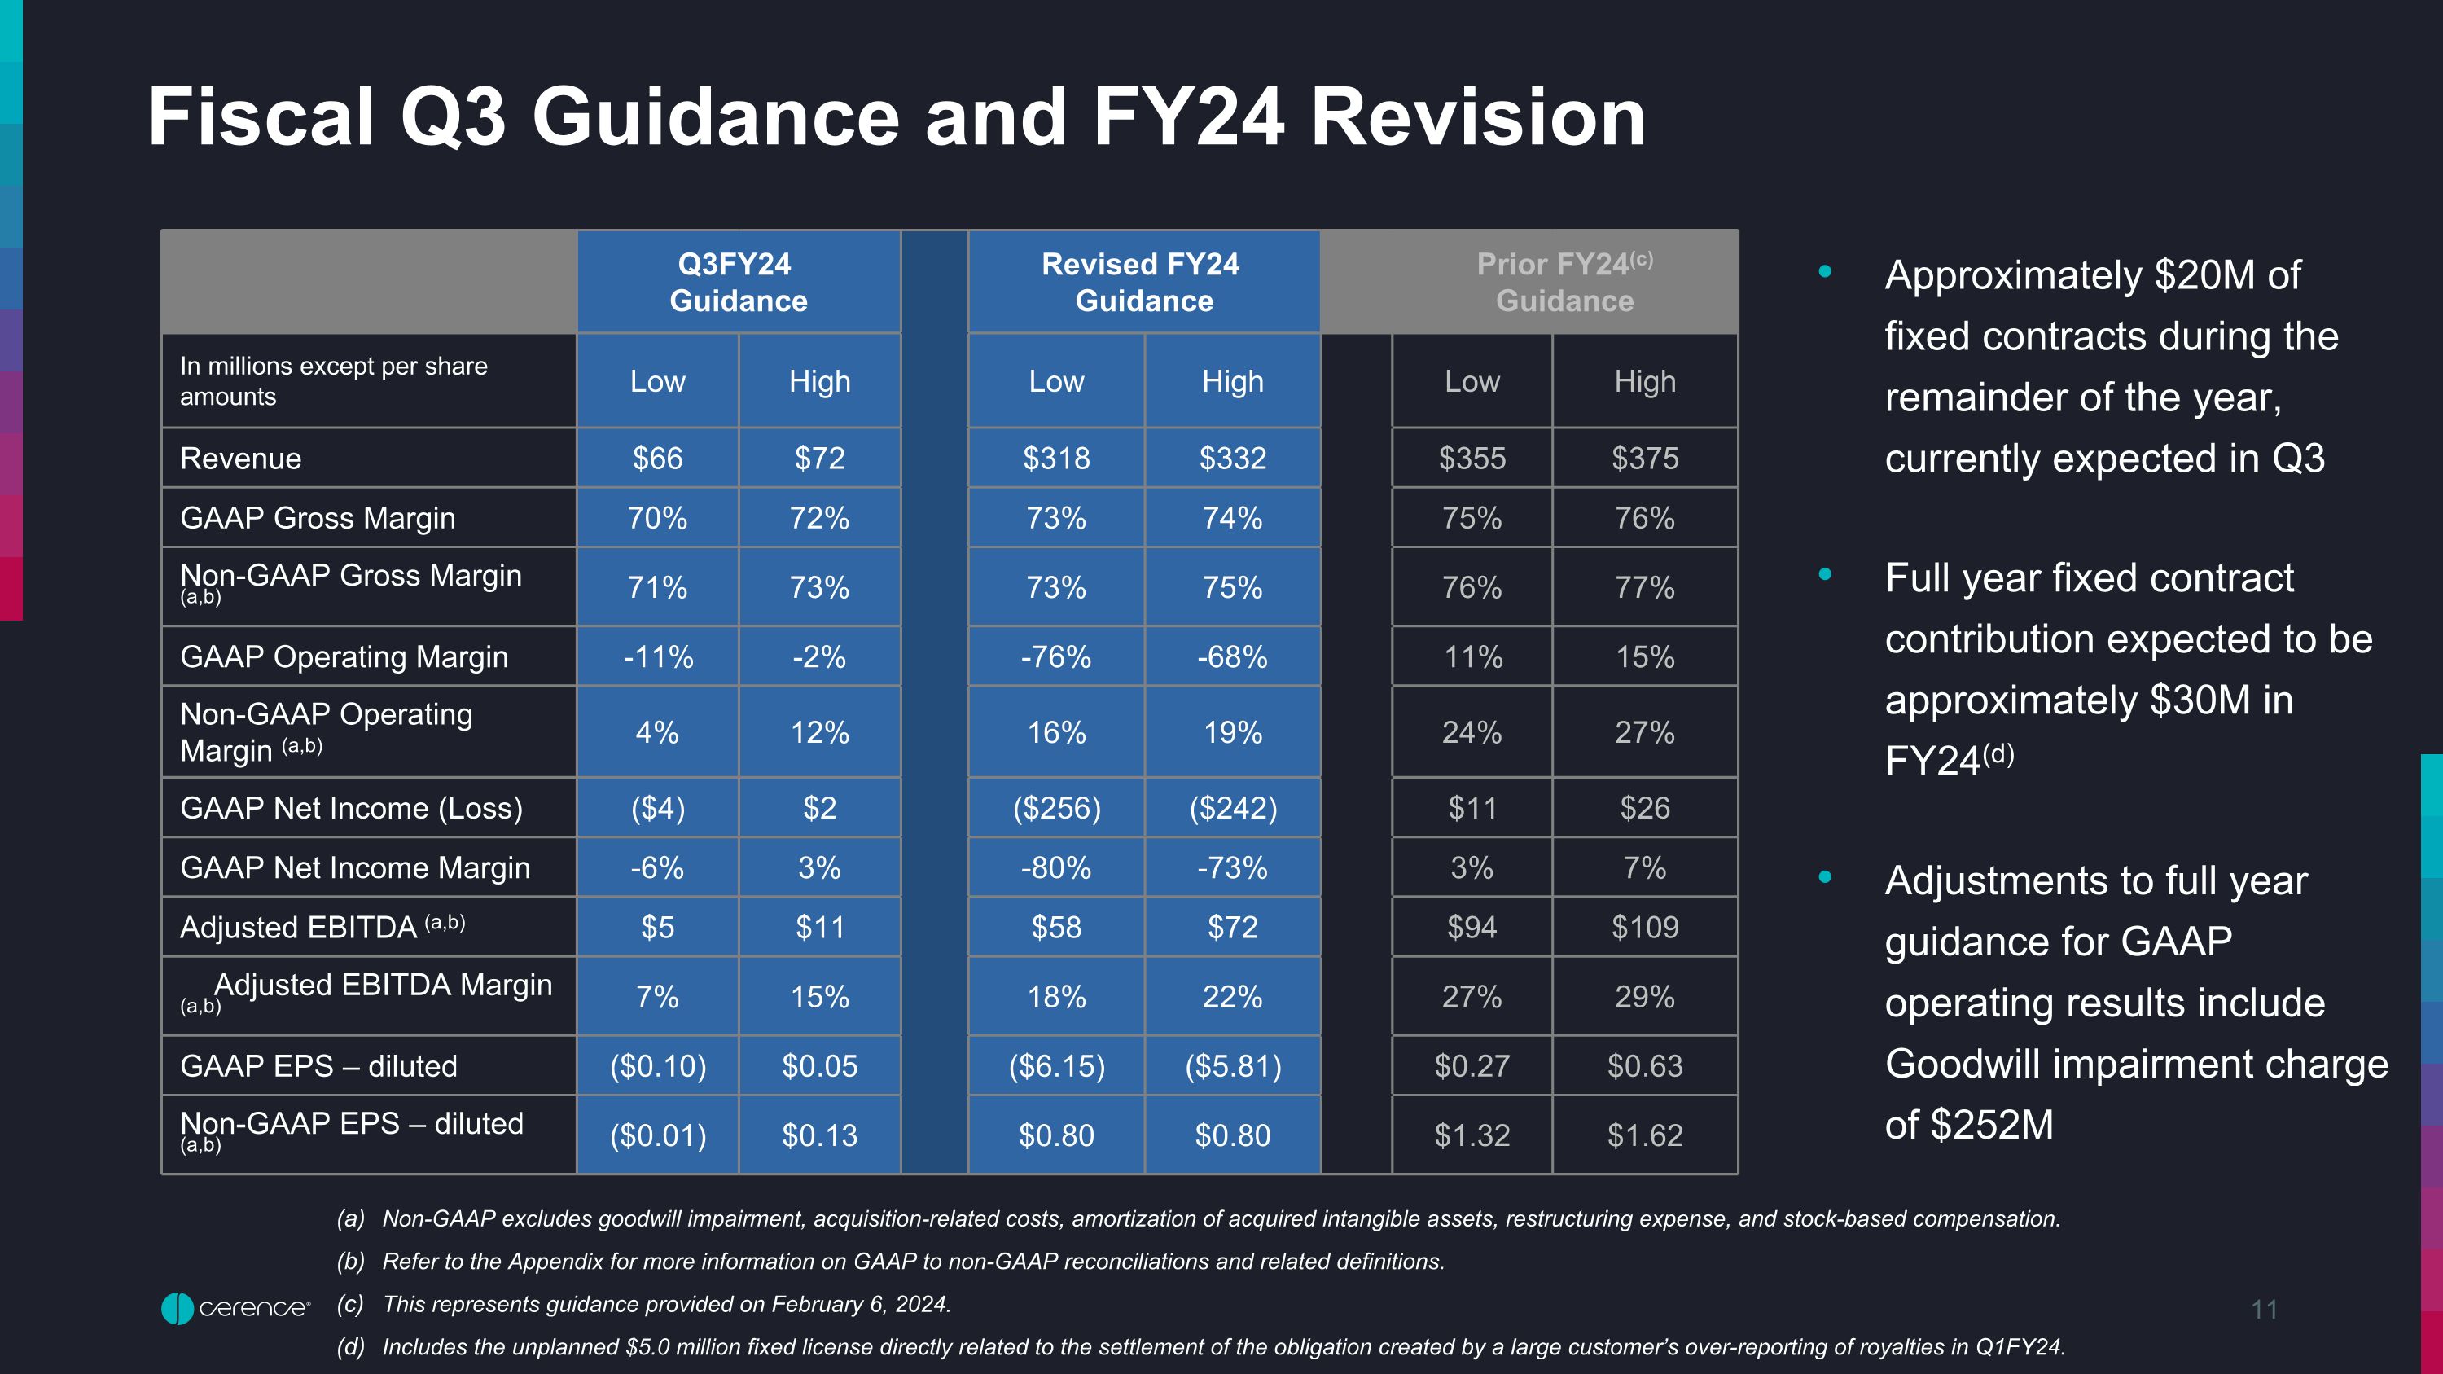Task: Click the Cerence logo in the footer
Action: (235, 1308)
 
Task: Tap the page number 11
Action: (2263, 1310)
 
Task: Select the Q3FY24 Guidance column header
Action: (738, 282)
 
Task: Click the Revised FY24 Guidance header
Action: (1142, 282)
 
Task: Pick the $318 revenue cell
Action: (1055, 458)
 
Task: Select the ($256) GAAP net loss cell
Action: (1056, 808)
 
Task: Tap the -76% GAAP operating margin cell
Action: (1055, 656)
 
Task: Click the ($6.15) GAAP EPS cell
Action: (1056, 1066)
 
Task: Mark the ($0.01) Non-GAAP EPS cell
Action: (657, 1135)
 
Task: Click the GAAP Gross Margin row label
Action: (318, 518)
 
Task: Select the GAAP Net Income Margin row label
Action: (355, 867)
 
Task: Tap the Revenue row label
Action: (241, 458)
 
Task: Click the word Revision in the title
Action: (1477, 116)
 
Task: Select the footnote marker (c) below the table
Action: (350, 1304)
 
